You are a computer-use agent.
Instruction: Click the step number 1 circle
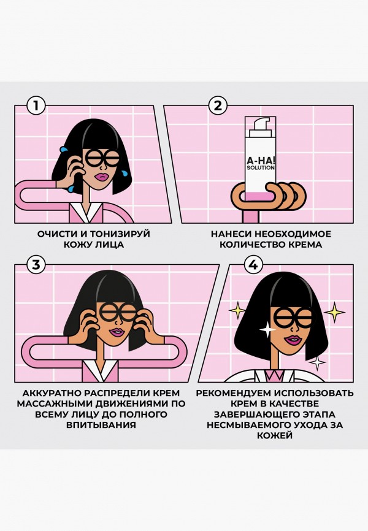(36, 105)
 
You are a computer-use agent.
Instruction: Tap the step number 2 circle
(217, 105)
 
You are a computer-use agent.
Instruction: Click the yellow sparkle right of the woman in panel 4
(334, 313)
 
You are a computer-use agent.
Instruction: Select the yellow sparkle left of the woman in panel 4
(237, 311)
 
